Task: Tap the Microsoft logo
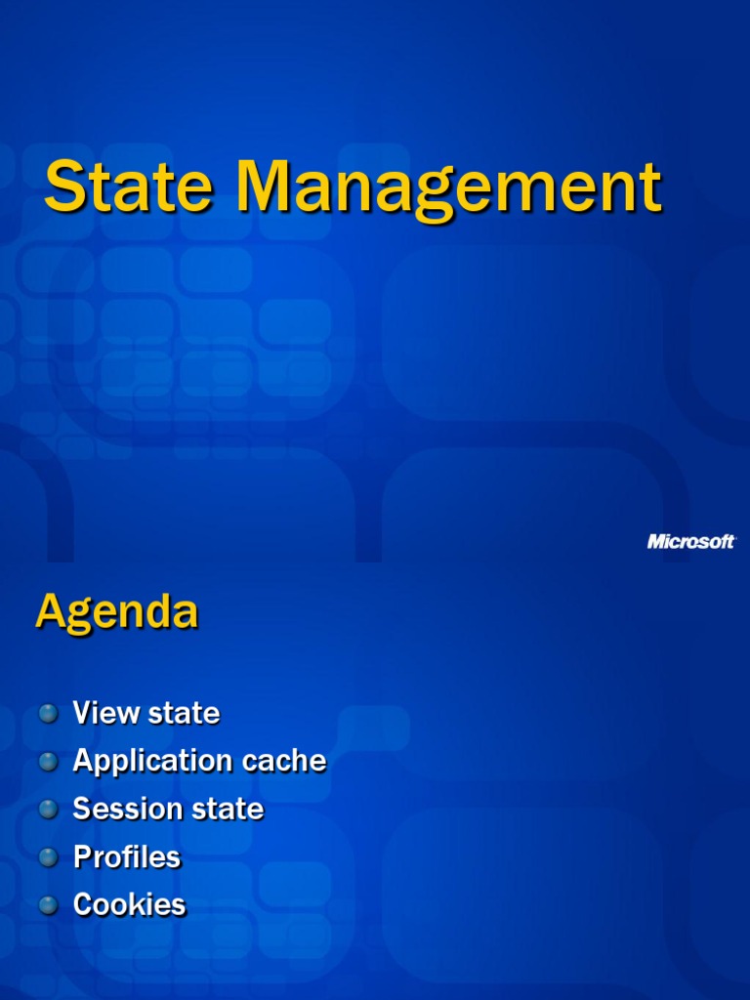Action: tap(691, 541)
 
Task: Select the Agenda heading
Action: tap(116, 613)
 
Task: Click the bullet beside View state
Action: tap(49, 714)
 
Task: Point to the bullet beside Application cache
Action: tap(49, 762)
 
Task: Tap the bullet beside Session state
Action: tap(49, 810)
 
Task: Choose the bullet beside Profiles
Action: tap(49, 857)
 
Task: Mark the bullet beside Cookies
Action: tap(49, 905)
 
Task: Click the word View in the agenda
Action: tap(106, 714)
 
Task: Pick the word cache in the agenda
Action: tap(282, 762)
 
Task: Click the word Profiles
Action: tap(127, 857)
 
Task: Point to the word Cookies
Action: tap(129, 905)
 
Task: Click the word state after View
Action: tap(184, 714)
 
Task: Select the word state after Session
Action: tap(228, 810)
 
